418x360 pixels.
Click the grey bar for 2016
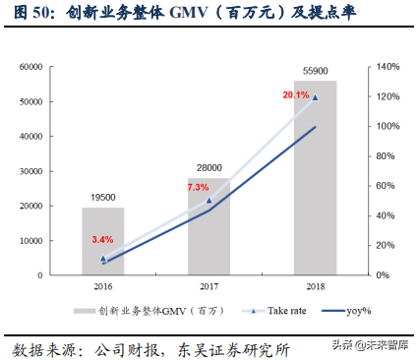click(x=103, y=241)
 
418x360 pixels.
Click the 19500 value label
click(x=103, y=198)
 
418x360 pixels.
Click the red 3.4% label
click(x=102, y=239)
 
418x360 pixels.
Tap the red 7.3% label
click(x=198, y=187)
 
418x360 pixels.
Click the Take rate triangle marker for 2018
click(x=314, y=97)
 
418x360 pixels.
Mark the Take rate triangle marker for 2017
click(x=209, y=200)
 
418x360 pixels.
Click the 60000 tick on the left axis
click(x=54, y=67)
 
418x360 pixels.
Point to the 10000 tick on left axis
click(x=54, y=240)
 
